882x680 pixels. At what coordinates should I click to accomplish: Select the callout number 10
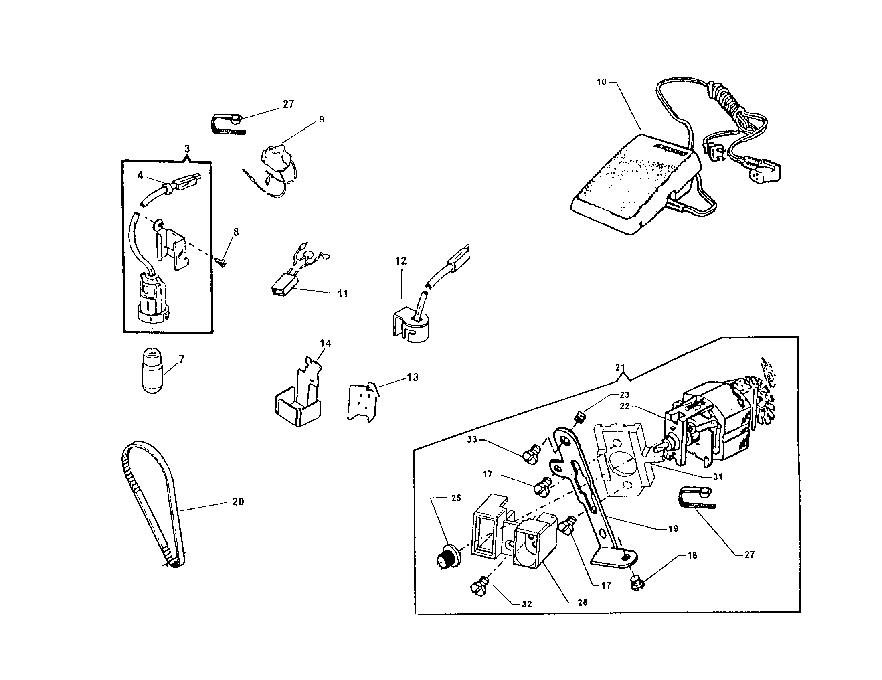tap(601, 82)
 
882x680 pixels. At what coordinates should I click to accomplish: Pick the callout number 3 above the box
tap(186, 149)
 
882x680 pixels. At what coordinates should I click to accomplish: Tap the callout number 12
tap(400, 261)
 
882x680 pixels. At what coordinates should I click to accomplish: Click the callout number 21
tap(620, 367)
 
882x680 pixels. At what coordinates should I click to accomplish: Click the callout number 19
tap(673, 528)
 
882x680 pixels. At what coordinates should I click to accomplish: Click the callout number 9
tap(322, 119)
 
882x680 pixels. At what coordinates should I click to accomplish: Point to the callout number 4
tap(140, 176)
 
